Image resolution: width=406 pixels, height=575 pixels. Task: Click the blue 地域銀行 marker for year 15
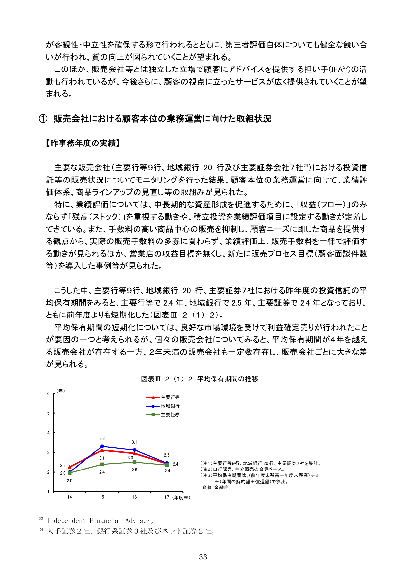[102, 446]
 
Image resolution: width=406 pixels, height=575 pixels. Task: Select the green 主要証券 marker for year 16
[134, 462]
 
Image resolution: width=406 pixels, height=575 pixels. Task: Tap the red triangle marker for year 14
[70, 467]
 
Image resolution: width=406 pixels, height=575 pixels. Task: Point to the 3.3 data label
[102, 438]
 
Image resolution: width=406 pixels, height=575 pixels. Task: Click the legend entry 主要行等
[170, 397]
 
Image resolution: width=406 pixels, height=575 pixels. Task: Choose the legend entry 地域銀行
[170, 406]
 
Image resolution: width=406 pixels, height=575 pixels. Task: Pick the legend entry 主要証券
[170, 415]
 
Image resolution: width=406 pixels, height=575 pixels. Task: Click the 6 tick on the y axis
[48, 393]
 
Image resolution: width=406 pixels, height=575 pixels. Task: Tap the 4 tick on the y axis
[48, 433]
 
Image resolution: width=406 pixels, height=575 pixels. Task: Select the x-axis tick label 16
[134, 497]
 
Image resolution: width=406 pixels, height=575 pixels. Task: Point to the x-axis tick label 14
[70, 497]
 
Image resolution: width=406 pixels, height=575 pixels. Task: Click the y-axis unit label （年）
[61, 391]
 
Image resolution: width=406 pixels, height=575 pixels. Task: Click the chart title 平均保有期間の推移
[228, 379]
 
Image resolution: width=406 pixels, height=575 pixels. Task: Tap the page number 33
[203, 557]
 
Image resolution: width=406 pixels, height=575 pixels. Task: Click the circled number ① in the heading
[43, 119]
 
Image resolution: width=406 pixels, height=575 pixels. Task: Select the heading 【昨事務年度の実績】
[83, 143]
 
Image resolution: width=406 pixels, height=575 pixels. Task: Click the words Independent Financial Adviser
[99, 521]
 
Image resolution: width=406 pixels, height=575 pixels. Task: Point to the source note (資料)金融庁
[214, 488]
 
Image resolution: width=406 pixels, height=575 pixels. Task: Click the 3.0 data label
[130, 458]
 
